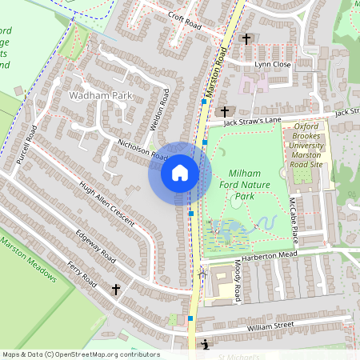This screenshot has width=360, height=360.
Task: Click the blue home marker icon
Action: coord(180,173)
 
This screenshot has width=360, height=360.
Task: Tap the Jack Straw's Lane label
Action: coord(252,120)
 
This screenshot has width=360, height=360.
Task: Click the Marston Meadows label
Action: coord(29,262)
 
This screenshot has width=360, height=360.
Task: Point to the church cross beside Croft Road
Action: coord(246,38)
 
